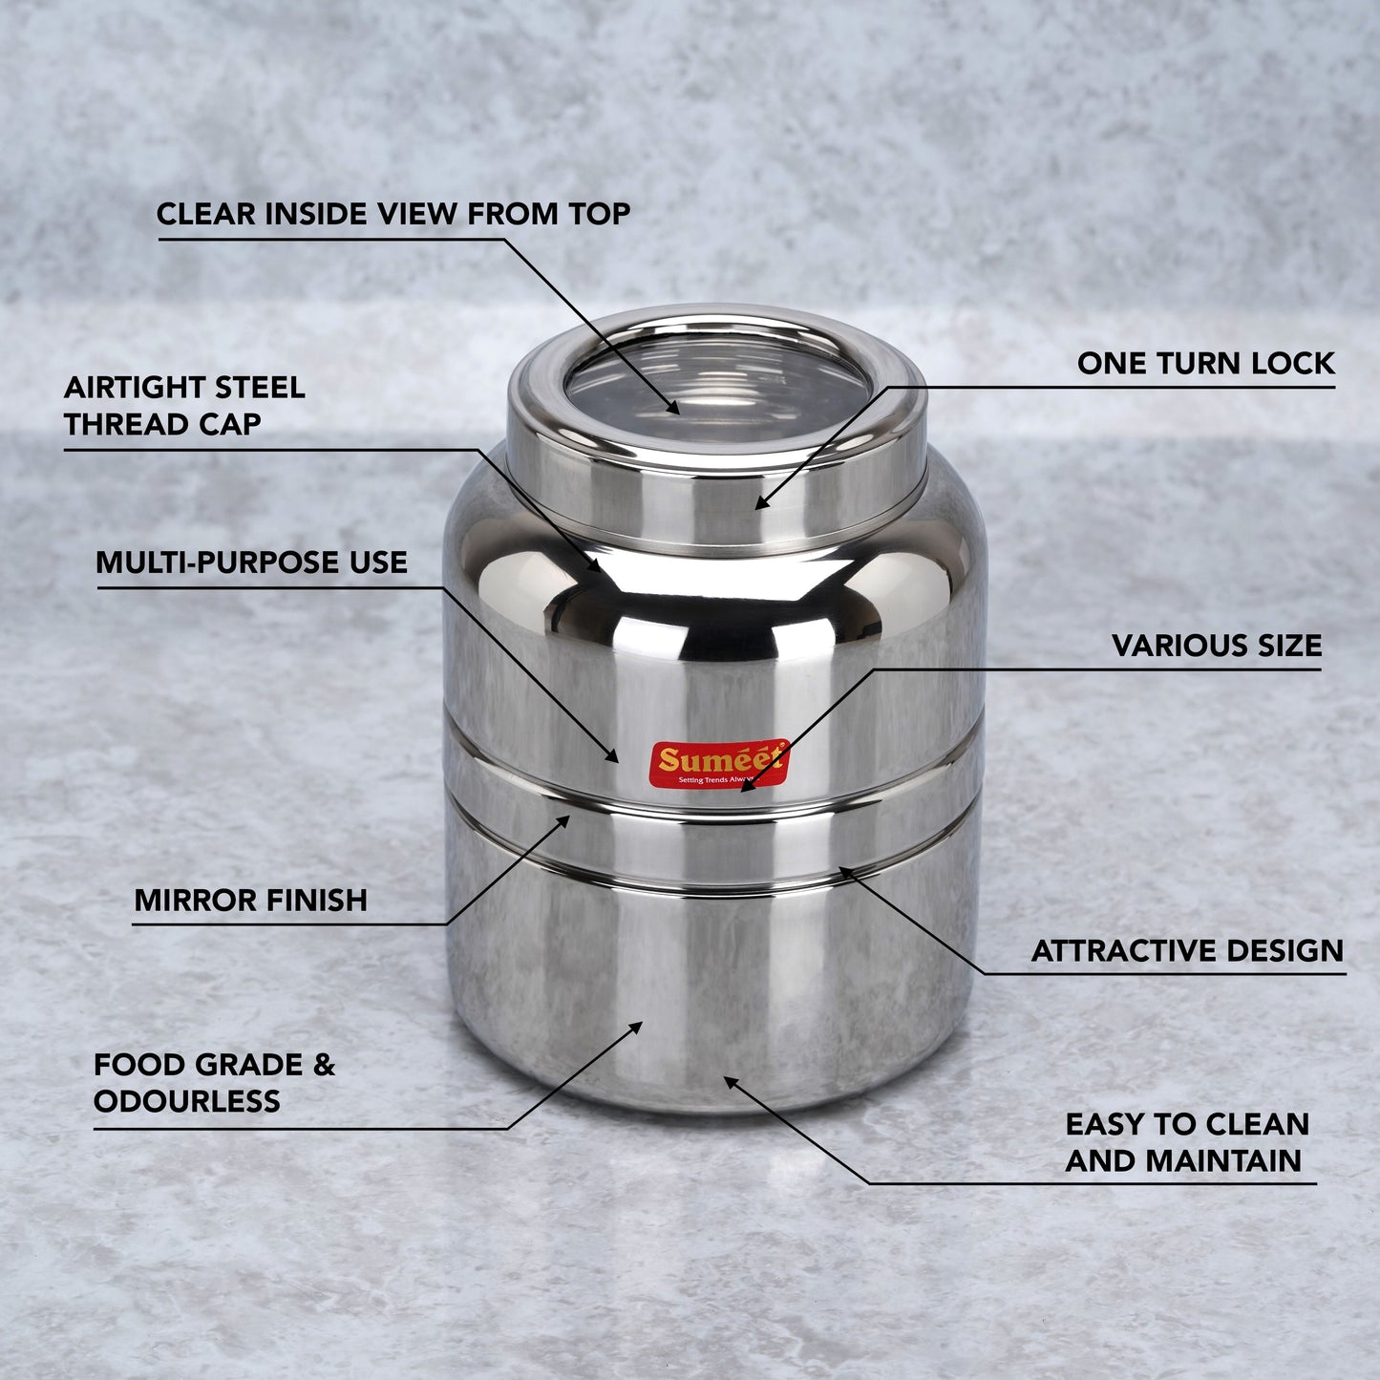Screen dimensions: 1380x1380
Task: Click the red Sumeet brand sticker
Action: pyautogui.click(x=720, y=763)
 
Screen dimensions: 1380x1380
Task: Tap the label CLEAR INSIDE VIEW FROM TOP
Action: pyautogui.click(x=393, y=213)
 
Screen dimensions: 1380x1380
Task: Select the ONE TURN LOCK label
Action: pyautogui.click(x=1206, y=363)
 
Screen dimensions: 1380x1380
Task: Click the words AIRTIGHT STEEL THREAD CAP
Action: pyautogui.click(x=184, y=405)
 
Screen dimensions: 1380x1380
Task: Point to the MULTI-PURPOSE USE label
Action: pyautogui.click(x=251, y=563)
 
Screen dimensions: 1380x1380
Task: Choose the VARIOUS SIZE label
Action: pyautogui.click(x=1217, y=646)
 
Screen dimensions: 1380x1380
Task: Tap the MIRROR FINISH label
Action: pyautogui.click(x=250, y=900)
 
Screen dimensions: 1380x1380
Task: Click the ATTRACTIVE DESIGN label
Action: pyautogui.click(x=1187, y=950)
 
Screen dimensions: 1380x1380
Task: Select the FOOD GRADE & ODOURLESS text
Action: pyautogui.click(x=214, y=1082)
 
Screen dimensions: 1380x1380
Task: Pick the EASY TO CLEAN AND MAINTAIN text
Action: pyautogui.click(x=1187, y=1142)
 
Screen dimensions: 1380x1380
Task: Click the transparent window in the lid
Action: pyautogui.click(x=718, y=391)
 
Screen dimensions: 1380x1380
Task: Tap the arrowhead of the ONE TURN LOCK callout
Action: pyautogui.click(x=760, y=503)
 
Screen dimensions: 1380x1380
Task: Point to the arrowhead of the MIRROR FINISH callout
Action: pyautogui.click(x=564, y=820)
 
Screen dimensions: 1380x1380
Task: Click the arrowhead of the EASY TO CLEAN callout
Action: pyautogui.click(x=730, y=1081)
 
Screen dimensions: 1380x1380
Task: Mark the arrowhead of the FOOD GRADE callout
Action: pyautogui.click(x=636, y=1028)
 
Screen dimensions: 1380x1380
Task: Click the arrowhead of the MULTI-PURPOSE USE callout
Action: pyautogui.click(x=612, y=756)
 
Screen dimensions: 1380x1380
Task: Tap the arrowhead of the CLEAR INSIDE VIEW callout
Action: pyautogui.click(x=673, y=408)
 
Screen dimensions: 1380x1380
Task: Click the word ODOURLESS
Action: pyautogui.click(x=187, y=1101)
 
